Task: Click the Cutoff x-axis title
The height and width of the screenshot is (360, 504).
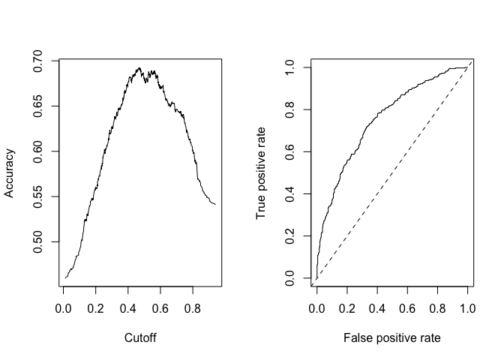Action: (139, 338)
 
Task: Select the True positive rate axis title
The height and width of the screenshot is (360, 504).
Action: (262, 173)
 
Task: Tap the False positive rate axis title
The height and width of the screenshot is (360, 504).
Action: (391, 338)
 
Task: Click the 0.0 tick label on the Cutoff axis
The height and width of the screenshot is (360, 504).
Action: (64, 307)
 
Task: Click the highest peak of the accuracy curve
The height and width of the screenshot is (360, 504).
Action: (139, 67)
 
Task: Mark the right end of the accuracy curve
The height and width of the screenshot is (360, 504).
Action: (215, 204)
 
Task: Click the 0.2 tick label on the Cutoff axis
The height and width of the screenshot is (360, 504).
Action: (96, 307)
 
